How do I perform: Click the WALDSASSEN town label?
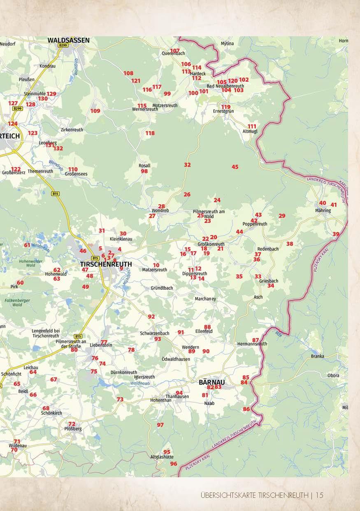click(x=68, y=40)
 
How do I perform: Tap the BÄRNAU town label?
click(x=211, y=382)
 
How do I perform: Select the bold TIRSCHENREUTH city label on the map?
click(x=106, y=264)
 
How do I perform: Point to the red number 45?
click(x=235, y=167)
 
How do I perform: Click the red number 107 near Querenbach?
click(x=175, y=50)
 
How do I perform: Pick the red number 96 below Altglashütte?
click(x=174, y=464)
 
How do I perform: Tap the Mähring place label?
click(x=323, y=210)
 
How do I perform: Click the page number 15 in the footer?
click(x=320, y=495)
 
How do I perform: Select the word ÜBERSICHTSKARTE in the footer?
click(x=228, y=495)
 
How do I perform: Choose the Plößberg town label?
click(x=73, y=429)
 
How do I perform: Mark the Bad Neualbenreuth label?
click(x=225, y=86)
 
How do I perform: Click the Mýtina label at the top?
click(x=227, y=43)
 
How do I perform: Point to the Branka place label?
click(x=318, y=356)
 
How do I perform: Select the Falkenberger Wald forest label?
click(x=17, y=303)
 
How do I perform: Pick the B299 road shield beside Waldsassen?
click(x=63, y=46)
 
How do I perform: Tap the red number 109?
click(x=95, y=111)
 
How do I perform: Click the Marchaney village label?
click(x=205, y=299)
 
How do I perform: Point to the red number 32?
click(x=187, y=165)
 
